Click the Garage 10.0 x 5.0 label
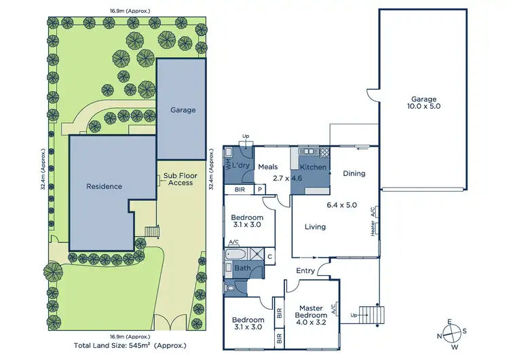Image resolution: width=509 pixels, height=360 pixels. point(422,102)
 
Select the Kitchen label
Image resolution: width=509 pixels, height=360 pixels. point(314,166)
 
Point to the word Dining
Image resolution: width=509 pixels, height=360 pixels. point(354,173)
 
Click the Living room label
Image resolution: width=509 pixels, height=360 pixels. point(315,227)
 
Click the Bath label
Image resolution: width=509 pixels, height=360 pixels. point(242,268)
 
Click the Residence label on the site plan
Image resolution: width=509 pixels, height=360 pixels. point(104,186)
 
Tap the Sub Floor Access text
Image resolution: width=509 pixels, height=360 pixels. point(178,179)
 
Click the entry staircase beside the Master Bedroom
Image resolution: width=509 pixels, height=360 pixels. point(371,315)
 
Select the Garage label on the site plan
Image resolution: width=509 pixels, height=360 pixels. point(183,110)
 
